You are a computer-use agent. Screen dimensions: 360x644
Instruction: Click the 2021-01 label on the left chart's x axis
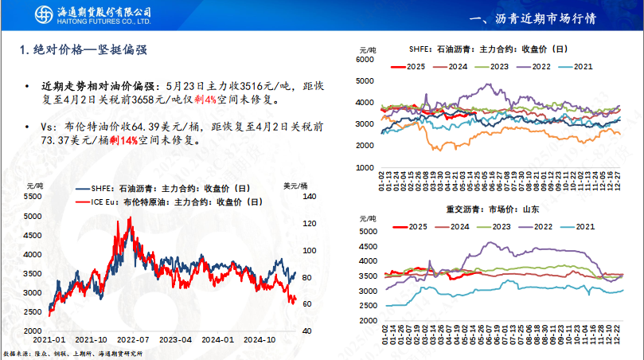click(x=49, y=338)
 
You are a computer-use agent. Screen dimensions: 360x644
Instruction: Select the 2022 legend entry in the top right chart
click(x=541, y=66)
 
